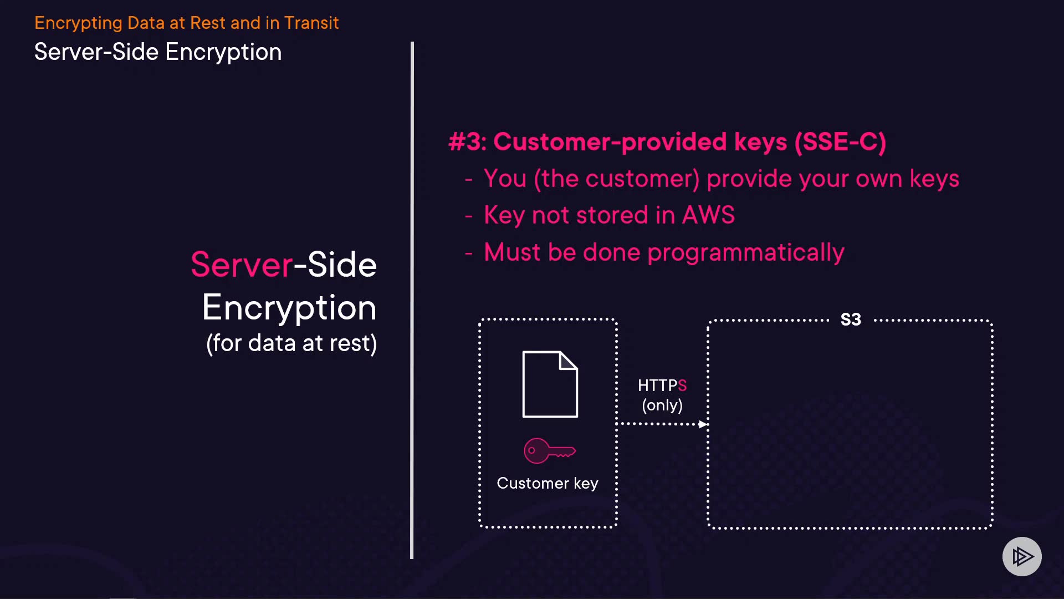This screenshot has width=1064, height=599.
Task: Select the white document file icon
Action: (x=550, y=384)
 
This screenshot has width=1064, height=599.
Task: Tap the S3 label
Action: (x=851, y=319)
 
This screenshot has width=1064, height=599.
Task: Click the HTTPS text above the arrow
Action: (x=662, y=385)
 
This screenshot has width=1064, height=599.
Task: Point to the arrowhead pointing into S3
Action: (x=703, y=424)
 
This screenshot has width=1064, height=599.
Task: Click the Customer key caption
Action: (x=548, y=483)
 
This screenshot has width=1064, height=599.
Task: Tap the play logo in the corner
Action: (x=1022, y=556)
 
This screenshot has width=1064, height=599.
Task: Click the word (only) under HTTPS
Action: (x=662, y=405)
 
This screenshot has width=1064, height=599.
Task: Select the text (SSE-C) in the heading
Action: (x=840, y=142)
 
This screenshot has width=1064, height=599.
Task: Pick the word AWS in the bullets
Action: (x=708, y=215)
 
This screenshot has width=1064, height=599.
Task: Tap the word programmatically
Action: (x=746, y=252)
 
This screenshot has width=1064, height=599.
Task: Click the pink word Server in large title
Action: (x=242, y=265)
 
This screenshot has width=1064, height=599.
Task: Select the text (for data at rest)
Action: (x=291, y=343)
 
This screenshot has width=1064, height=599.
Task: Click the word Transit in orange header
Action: (x=311, y=23)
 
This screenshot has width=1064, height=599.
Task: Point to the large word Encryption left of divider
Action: (x=289, y=308)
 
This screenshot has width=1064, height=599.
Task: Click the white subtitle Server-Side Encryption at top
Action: (x=158, y=52)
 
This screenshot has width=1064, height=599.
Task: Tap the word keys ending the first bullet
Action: (x=934, y=179)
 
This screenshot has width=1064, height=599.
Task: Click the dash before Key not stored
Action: (x=469, y=216)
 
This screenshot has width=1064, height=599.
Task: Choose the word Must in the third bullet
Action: (x=512, y=252)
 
